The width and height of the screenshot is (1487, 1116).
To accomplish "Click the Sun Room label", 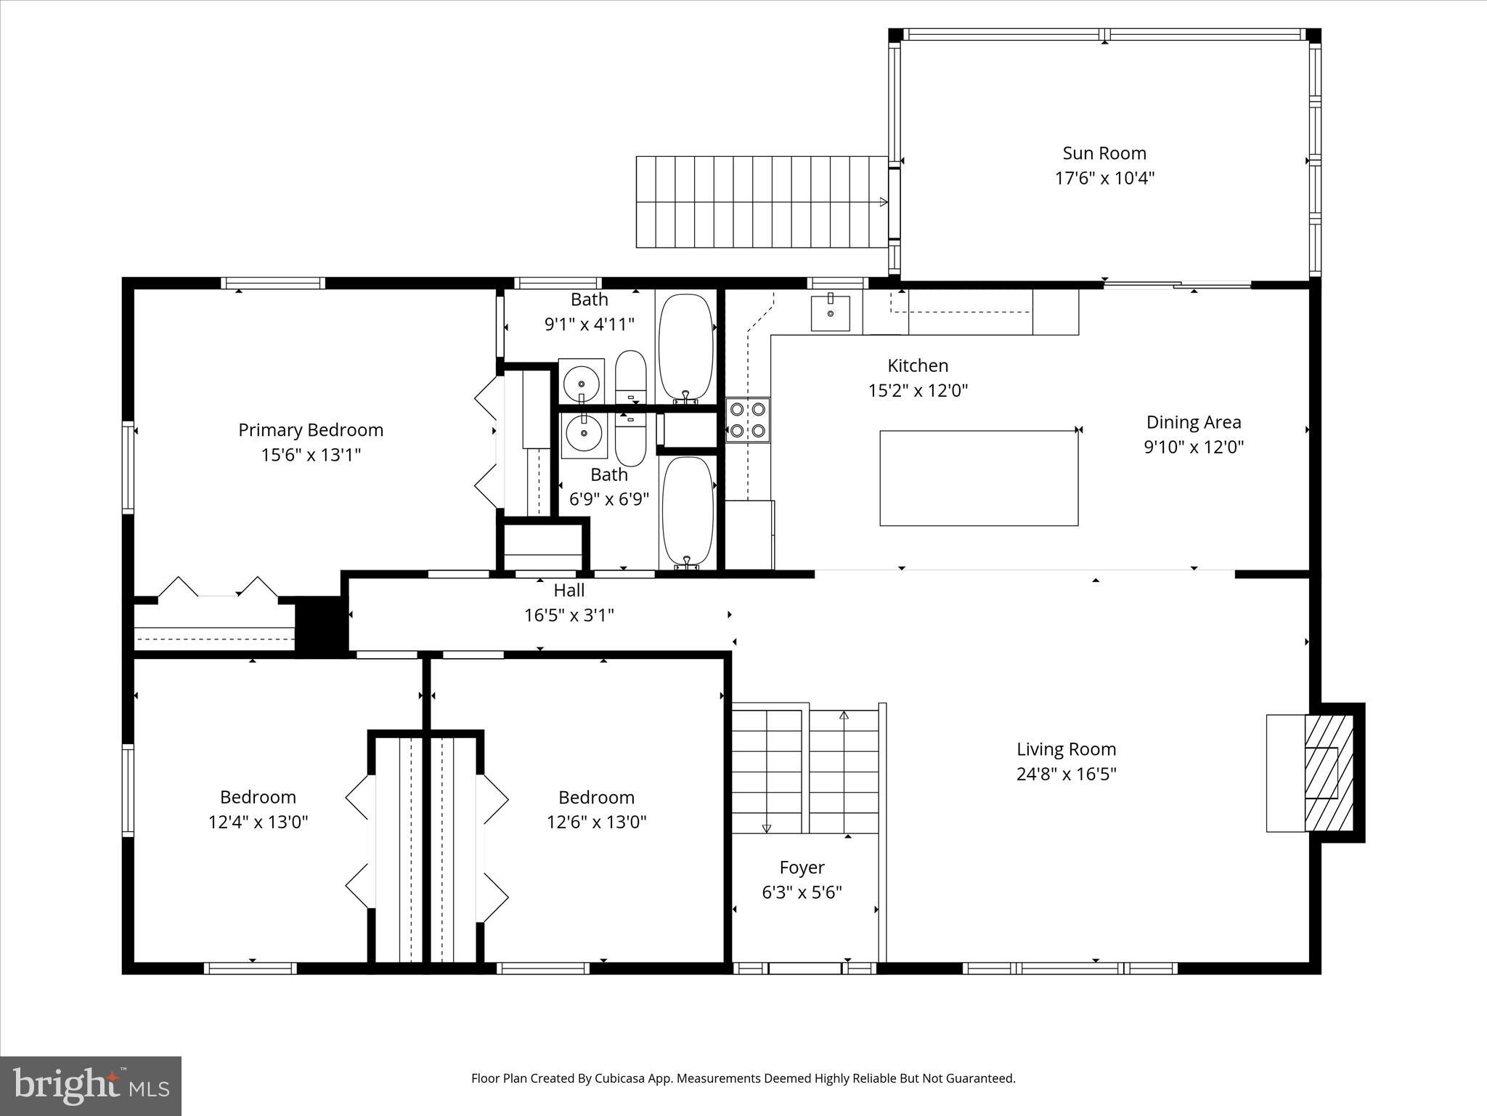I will coord(1104,153).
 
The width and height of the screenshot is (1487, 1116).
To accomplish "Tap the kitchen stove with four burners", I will coord(748,420).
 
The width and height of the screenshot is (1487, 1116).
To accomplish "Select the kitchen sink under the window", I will coord(830,313).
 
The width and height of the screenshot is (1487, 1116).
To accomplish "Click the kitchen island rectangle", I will coord(979,478).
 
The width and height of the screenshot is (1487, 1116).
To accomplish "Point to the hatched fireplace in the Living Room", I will coord(1329,773).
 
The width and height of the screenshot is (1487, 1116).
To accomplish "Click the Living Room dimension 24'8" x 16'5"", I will coord(1066,774).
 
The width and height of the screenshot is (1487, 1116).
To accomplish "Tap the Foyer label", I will coord(802,868).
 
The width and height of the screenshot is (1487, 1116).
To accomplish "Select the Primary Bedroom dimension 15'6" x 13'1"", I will coord(311,455).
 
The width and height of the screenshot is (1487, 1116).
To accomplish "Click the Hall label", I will coord(569,590).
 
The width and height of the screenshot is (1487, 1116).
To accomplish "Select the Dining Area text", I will coord(1193,422).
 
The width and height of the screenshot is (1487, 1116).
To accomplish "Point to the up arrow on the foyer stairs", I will coord(844,716).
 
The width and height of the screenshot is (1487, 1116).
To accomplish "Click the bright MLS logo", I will coord(91,1085).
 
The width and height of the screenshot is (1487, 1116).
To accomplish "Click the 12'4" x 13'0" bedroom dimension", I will coord(258,822).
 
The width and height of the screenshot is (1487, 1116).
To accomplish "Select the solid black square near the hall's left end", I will coord(320,623).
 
